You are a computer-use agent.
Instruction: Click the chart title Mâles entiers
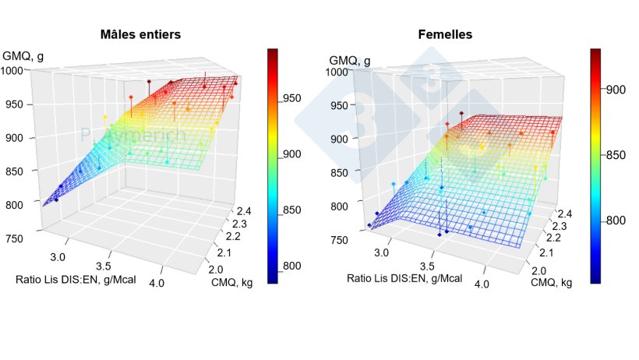click(142, 35)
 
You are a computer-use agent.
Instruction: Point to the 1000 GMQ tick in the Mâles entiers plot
click(16, 71)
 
